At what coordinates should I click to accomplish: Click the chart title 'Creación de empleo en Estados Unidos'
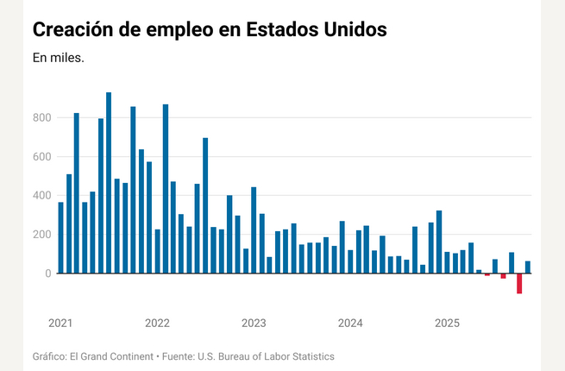click(x=210, y=28)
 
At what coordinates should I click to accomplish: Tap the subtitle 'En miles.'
click(x=58, y=59)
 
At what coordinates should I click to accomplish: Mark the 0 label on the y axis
click(x=48, y=273)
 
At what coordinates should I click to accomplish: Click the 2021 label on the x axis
click(x=60, y=324)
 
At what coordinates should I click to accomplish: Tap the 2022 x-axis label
click(x=157, y=324)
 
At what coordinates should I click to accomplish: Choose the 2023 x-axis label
click(x=254, y=324)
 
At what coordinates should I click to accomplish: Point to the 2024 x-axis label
click(x=350, y=324)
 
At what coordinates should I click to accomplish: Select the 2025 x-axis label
click(x=447, y=324)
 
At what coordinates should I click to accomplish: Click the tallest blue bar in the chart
click(x=109, y=183)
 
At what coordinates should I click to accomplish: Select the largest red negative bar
click(x=519, y=283)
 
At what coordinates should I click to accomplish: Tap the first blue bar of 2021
click(x=60, y=237)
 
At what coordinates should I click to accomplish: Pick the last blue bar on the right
click(x=528, y=267)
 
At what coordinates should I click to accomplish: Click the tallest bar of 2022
click(x=166, y=189)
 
